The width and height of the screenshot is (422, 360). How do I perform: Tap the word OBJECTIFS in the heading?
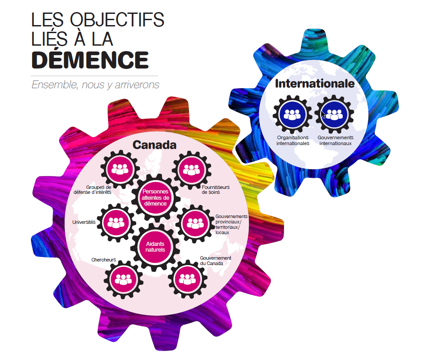(117, 20)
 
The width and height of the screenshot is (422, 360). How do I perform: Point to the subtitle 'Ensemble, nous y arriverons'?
(95, 85)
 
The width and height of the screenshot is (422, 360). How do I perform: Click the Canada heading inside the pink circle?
(155, 145)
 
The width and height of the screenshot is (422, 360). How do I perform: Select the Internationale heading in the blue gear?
(314, 83)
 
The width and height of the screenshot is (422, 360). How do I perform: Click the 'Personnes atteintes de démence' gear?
(155, 197)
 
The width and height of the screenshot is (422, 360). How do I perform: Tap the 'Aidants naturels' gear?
(155, 247)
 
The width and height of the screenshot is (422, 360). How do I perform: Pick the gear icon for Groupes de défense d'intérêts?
(120, 170)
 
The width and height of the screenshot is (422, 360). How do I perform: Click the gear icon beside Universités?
(116, 223)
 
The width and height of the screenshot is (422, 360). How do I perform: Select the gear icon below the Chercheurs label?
(123, 279)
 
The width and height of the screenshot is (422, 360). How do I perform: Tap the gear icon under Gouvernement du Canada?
(188, 279)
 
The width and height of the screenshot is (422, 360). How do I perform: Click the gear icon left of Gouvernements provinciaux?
(195, 224)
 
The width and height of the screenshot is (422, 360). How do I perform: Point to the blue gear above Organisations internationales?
(293, 115)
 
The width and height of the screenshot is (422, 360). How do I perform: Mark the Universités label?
(84, 222)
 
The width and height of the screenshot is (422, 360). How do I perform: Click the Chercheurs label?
(103, 260)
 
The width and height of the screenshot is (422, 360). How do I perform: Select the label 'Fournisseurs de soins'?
(215, 190)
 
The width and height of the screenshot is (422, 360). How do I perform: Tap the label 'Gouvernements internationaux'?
(336, 141)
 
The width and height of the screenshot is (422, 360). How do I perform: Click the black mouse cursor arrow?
(323, 114)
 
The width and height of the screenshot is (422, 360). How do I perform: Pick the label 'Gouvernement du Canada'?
(215, 261)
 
